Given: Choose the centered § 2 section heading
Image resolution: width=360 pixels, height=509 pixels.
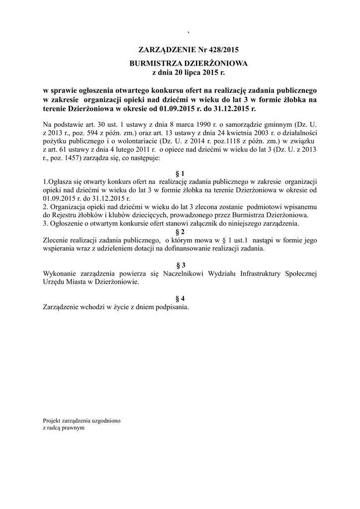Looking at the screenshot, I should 180,232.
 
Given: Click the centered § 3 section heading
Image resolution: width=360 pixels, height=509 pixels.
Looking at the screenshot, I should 180,265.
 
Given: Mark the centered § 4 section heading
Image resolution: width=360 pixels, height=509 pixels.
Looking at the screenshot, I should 180,298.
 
